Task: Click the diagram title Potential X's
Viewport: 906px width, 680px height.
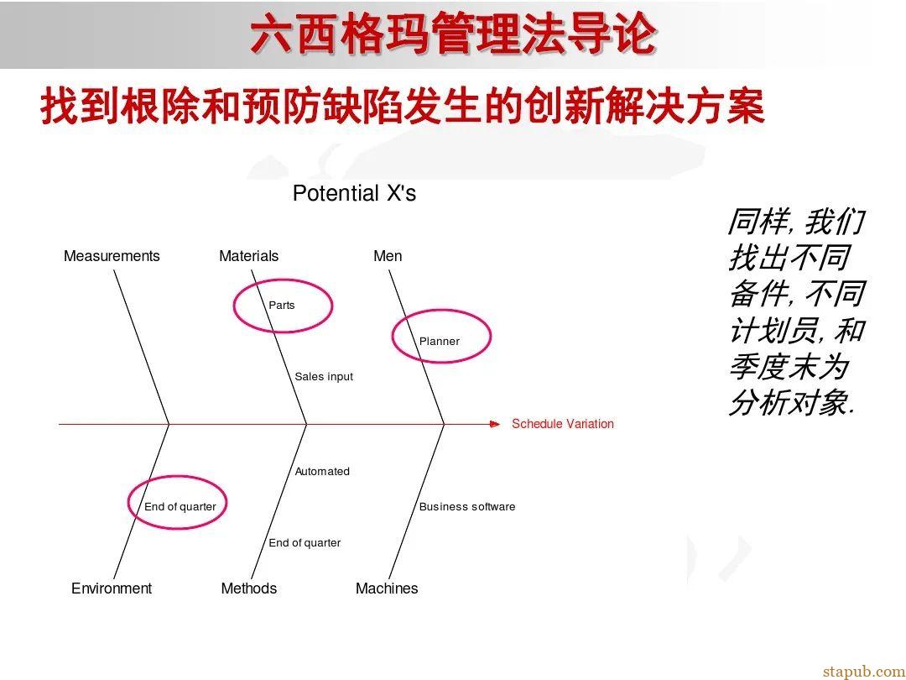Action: click(354, 194)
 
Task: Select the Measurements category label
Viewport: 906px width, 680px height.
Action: click(112, 256)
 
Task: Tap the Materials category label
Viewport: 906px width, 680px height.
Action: click(248, 256)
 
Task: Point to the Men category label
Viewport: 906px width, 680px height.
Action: click(388, 256)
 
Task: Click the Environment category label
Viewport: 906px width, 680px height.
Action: click(112, 588)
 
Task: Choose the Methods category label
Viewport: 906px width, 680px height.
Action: click(248, 588)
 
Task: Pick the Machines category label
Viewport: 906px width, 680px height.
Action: click(387, 588)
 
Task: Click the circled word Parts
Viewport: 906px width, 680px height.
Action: click(282, 306)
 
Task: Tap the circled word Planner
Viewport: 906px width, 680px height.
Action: click(440, 342)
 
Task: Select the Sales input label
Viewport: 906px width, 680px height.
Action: click(324, 377)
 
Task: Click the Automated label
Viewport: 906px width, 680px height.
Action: click(322, 472)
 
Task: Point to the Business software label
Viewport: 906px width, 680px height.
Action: click(467, 507)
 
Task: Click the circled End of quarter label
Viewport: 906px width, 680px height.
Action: click(180, 507)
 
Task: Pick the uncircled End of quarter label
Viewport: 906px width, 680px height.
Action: click(305, 543)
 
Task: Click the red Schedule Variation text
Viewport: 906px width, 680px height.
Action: click(563, 424)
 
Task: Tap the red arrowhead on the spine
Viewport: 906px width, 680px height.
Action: click(494, 424)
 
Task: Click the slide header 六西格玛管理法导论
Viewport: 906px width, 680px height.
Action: click(453, 35)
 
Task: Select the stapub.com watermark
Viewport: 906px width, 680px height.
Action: click(863, 671)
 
